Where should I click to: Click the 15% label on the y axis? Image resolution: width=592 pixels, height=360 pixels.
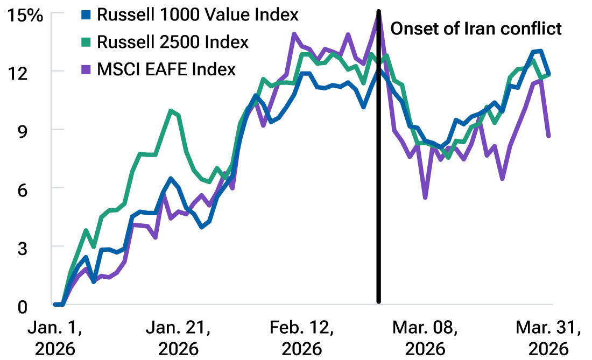pos(24,16)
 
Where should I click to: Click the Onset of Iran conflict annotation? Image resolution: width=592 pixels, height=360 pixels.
pos(476,29)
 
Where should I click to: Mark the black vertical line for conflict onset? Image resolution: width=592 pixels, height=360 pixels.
pos(379,161)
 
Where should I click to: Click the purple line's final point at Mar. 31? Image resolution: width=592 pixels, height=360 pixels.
pos(548,136)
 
